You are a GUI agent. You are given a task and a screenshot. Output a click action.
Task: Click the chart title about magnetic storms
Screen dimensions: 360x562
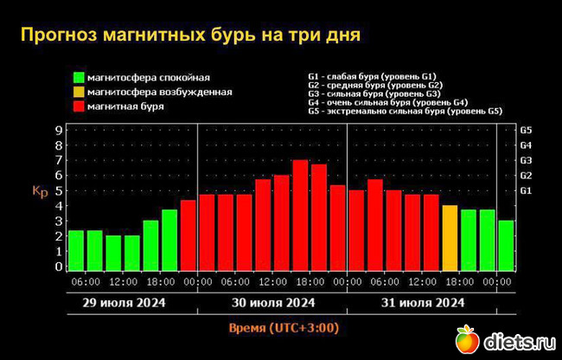pyautogui.click(x=189, y=35)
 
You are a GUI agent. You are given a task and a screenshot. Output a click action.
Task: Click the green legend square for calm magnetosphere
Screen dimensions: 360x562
pyautogui.click(x=79, y=78)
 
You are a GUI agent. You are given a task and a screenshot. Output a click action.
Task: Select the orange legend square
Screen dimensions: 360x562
pyautogui.click(x=79, y=92)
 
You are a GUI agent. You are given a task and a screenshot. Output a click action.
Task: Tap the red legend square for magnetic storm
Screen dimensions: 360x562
pyautogui.click(x=79, y=106)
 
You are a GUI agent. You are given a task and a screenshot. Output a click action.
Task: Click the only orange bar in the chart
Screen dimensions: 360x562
pyautogui.click(x=450, y=238)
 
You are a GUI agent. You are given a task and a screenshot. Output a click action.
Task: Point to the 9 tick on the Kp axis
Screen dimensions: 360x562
pyautogui.click(x=58, y=130)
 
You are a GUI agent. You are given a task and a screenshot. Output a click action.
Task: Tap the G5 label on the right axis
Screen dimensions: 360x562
pyautogui.click(x=525, y=130)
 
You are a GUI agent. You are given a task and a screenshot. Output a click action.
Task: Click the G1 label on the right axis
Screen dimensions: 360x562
pyautogui.click(x=525, y=190)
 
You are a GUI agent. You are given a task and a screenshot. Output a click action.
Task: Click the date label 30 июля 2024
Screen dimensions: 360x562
pyautogui.click(x=271, y=303)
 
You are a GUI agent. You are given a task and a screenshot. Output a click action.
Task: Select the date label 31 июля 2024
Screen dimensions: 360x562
pyautogui.click(x=421, y=303)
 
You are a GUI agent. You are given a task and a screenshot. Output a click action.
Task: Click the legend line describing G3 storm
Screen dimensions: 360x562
pyautogui.click(x=375, y=93)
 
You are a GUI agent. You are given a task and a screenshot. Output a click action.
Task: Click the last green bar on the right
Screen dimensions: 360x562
pyautogui.click(x=506, y=246)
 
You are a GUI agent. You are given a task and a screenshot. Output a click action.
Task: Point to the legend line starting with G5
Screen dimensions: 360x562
pyautogui.click(x=405, y=111)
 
